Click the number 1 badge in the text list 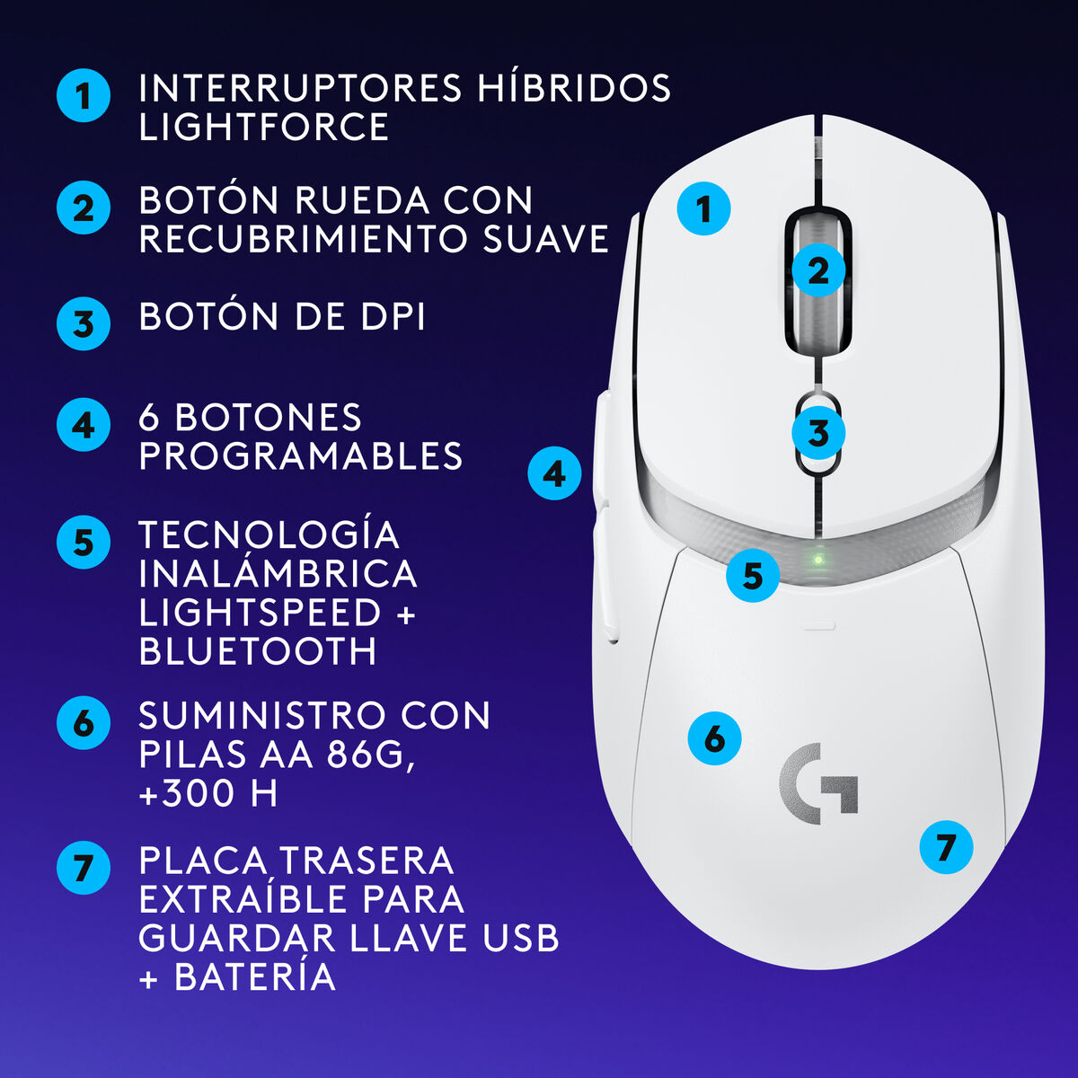point(84,95)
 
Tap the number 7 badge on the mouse point(946,847)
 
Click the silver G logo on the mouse point(817,783)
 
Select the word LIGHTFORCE point(264,127)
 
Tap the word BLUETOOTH point(258,651)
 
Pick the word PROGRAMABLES point(301,456)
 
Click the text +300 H point(208,793)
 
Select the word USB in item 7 point(521,938)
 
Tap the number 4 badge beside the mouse point(554,473)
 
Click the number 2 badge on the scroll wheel point(817,269)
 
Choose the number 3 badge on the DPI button point(817,433)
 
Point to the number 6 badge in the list point(84,722)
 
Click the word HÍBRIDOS point(574,88)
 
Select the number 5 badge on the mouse point(753,575)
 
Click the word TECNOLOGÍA point(269,535)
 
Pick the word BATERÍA point(255,976)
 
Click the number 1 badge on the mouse point(703,208)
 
